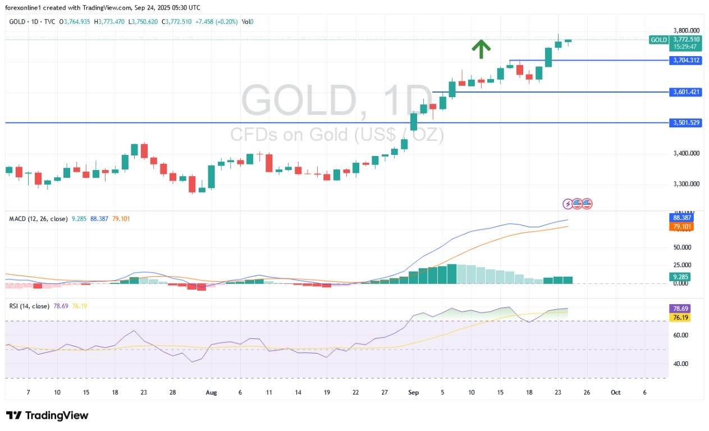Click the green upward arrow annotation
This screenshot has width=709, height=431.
pos(480,49)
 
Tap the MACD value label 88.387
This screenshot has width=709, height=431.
pos(681,218)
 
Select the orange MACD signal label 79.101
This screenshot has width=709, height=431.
pos(681,227)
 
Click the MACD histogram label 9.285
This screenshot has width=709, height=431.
pos(681,277)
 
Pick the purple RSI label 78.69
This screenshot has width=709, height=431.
pos(681,309)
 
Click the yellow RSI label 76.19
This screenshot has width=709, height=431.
pos(681,318)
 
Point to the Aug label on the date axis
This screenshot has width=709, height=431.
pos(211,393)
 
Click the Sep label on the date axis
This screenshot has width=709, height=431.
pos(413,393)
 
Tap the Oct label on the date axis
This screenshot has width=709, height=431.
pos(615,393)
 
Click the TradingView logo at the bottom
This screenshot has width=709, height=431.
pos(47,416)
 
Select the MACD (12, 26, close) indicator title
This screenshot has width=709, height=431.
pos(37,218)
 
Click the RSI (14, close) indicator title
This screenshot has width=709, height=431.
pos(29,306)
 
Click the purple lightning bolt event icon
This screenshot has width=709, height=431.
pos(568,204)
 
